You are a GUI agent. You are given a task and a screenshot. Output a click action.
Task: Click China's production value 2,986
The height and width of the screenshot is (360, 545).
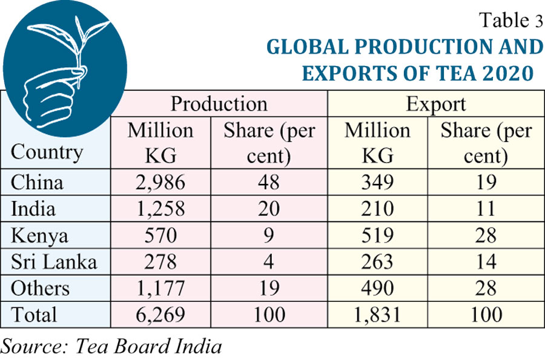coord(160,182)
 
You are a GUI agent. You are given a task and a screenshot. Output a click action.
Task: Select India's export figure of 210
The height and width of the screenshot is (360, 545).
coord(377,209)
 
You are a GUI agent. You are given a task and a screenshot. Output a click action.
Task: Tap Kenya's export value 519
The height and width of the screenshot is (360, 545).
coord(377,235)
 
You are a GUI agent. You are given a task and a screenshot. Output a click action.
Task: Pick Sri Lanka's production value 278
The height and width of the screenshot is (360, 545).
coord(160,262)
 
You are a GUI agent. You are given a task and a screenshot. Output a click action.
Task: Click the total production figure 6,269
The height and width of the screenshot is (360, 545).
coord(160,315)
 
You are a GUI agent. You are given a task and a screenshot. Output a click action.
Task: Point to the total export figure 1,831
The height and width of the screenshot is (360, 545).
coord(377,315)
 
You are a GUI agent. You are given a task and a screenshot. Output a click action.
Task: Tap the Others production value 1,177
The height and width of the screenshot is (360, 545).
coord(160,289)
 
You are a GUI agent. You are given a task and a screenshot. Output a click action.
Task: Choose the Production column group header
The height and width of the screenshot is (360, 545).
coord(219,104)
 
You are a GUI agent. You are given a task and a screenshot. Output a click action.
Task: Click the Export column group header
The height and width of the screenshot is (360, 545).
coord(435,104)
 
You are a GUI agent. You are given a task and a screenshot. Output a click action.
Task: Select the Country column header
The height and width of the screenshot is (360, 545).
coord(47,151)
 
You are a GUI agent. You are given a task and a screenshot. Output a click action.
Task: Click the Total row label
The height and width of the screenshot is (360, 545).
coord(34,315)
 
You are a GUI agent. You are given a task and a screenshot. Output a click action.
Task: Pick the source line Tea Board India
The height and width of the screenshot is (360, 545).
coord(112,346)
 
